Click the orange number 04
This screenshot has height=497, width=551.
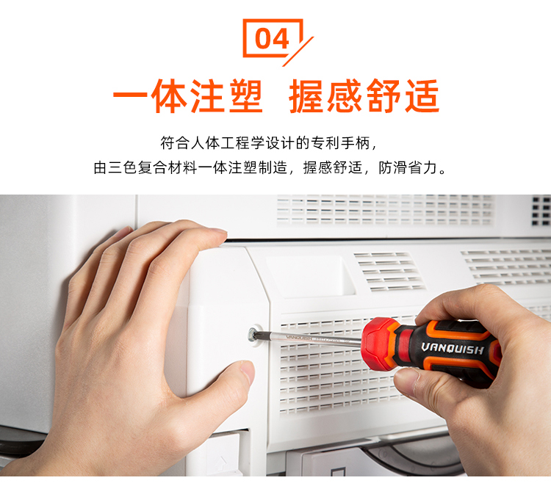272,39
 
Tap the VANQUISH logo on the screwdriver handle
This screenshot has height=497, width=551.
453,349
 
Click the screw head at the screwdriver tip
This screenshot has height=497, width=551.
253,334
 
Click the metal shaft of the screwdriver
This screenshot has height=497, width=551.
309,338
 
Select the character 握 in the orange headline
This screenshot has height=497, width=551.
306,96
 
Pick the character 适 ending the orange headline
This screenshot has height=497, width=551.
422,96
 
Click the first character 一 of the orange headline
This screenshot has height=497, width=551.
129,95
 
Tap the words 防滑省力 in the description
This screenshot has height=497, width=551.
408,167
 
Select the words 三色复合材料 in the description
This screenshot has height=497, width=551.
153,167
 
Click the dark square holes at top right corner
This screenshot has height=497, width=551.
541,210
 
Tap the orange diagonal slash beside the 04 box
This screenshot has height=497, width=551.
298,51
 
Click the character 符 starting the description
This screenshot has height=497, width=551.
168,143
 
